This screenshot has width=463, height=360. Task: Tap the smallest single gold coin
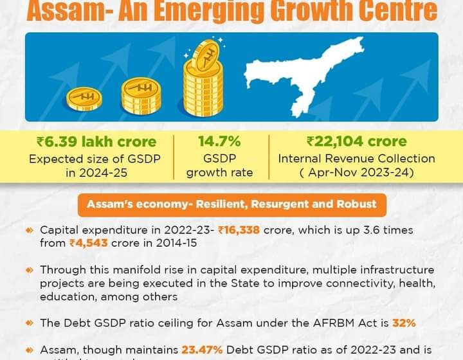pos(85,98)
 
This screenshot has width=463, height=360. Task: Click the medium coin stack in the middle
pos(141,95)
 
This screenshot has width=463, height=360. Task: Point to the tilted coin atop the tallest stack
pos(205,53)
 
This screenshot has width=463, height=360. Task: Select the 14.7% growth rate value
pos(219,141)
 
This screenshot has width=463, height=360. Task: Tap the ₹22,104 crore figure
pos(356,141)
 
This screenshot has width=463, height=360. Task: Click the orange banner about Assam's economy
pos(232,205)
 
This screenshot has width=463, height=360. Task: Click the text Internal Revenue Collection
pos(356,158)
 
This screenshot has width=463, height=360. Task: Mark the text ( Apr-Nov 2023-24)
pos(356,172)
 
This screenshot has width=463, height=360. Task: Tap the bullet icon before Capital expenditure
pos(29,230)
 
